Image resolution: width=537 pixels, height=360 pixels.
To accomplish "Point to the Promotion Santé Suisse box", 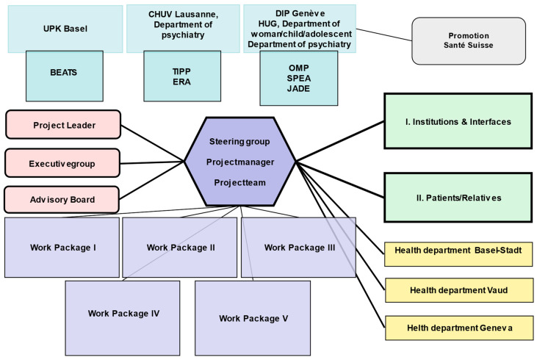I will [x=469, y=40].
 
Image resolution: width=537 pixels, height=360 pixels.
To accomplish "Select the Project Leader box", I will [x=63, y=125].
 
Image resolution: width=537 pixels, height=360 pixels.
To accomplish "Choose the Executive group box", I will [x=63, y=162].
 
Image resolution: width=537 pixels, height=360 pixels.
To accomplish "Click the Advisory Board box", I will [x=63, y=199].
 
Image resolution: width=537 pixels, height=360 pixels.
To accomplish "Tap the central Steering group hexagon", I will [x=239, y=162].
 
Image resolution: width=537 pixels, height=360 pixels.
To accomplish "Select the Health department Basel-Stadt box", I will [x=458, y=251].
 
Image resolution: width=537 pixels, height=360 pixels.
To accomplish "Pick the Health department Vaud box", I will [x=458, y=289].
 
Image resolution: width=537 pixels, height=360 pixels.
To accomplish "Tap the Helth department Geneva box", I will [x=458, y=326].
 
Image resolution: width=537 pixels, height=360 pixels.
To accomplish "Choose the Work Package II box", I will [x=180, y=247].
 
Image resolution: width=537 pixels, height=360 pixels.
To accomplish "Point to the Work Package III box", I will [x=299, y=247].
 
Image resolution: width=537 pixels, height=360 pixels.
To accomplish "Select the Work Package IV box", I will [x=123, y=313].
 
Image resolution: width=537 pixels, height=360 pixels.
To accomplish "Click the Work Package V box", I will [x=253, y=317].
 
